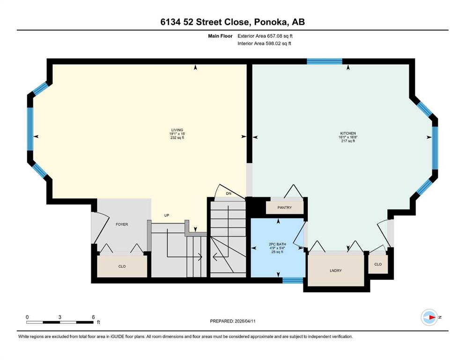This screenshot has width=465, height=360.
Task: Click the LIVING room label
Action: coord(177,130)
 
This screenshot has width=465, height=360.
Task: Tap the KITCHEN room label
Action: coord(348,133)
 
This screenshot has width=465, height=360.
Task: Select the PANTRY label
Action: coord(284,208)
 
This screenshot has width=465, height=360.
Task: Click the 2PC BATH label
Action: coord(277,244)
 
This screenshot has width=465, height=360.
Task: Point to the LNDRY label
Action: coord(336,270)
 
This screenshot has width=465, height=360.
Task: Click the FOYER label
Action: coord(122,225)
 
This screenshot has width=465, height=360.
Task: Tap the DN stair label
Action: coord(229,194)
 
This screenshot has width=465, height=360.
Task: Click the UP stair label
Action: coord(167,215)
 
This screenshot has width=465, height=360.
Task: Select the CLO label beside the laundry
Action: coord(378,264)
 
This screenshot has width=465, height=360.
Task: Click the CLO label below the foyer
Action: coord(122,266)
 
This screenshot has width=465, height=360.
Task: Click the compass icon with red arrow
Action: coord(429,317)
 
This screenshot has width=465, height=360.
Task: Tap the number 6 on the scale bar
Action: coord(93,317)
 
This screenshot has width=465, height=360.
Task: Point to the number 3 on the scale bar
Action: coord(60,317)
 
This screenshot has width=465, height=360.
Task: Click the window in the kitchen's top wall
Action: coord(325,61)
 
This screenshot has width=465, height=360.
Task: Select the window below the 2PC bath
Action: coord(293,280)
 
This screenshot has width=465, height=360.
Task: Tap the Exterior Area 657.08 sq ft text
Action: coord(265,36)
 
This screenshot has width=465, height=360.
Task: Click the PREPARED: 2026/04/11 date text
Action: coord(233,321)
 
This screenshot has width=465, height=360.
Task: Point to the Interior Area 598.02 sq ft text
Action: coord(264,43)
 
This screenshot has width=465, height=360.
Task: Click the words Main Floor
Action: coord(220,36)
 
